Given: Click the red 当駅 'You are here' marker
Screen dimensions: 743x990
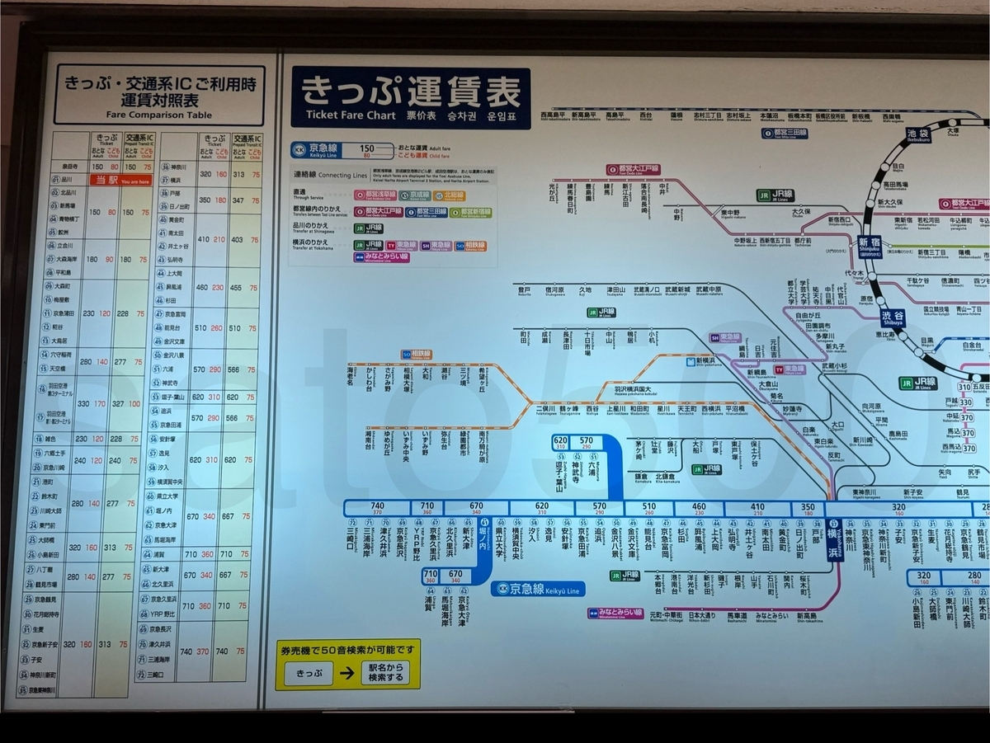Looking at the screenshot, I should (x=120, y=180).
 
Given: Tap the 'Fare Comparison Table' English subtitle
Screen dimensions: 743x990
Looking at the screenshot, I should (x=159, y=115).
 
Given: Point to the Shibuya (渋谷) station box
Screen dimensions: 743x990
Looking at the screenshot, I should (x=891, y=318).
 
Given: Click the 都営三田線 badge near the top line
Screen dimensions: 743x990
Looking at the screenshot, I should (x=784, y=132).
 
